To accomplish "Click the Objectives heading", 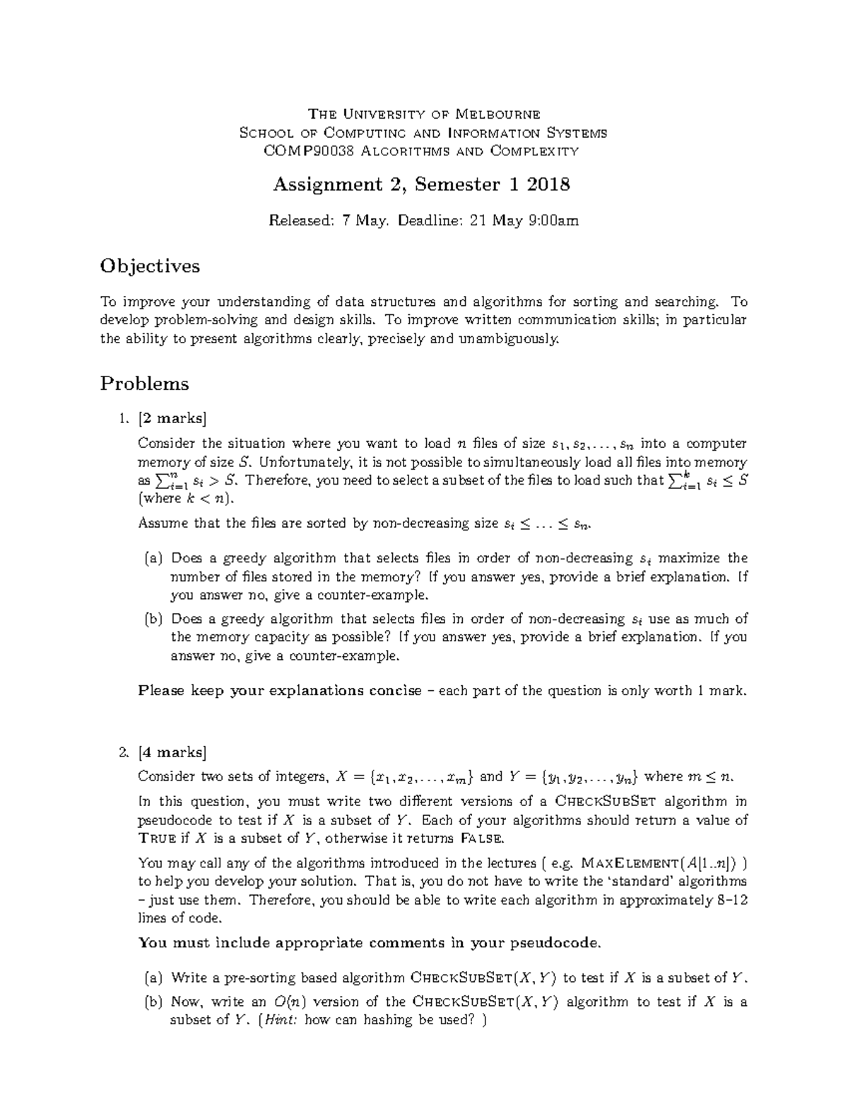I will (x=150, y=266).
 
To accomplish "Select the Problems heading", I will (x=145, y=384).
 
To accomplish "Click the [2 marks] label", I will (x=173, y=419).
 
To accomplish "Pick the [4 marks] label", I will (x=173, y=751).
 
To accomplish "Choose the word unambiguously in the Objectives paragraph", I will (x=500, y=339).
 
